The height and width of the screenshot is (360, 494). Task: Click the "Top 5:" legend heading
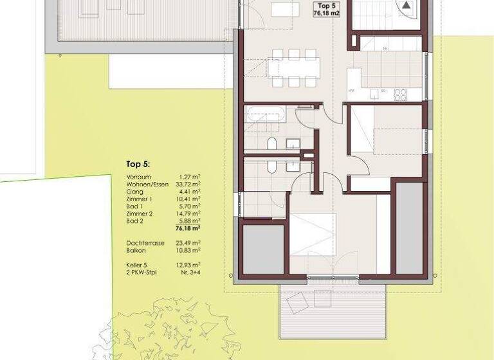pos(138,165)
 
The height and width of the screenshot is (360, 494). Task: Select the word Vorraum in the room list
pos(138,177)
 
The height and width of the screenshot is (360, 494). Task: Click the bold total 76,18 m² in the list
pos(187,228)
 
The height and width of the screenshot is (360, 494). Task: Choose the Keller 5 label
pos(138,264)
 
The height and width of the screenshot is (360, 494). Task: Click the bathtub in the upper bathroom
pos(266,116)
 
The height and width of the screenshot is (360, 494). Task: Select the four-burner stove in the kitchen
pos(401,94)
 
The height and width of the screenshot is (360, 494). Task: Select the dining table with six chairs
pos(295,67)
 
